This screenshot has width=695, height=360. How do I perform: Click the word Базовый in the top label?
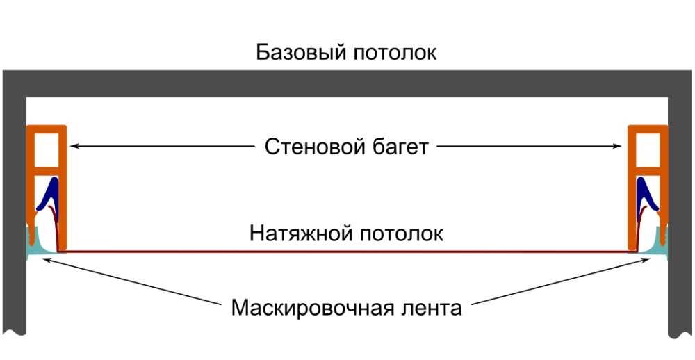[x=301, y=52]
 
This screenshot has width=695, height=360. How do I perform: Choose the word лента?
[x=432, y=308]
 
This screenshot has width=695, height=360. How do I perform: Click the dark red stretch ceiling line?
[x=347, y=252]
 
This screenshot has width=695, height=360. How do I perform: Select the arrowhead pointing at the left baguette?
[x=74, y=146]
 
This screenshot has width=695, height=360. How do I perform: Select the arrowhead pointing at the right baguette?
[x=617, y=146]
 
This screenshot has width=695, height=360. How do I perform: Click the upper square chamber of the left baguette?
[x=46, y=149]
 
